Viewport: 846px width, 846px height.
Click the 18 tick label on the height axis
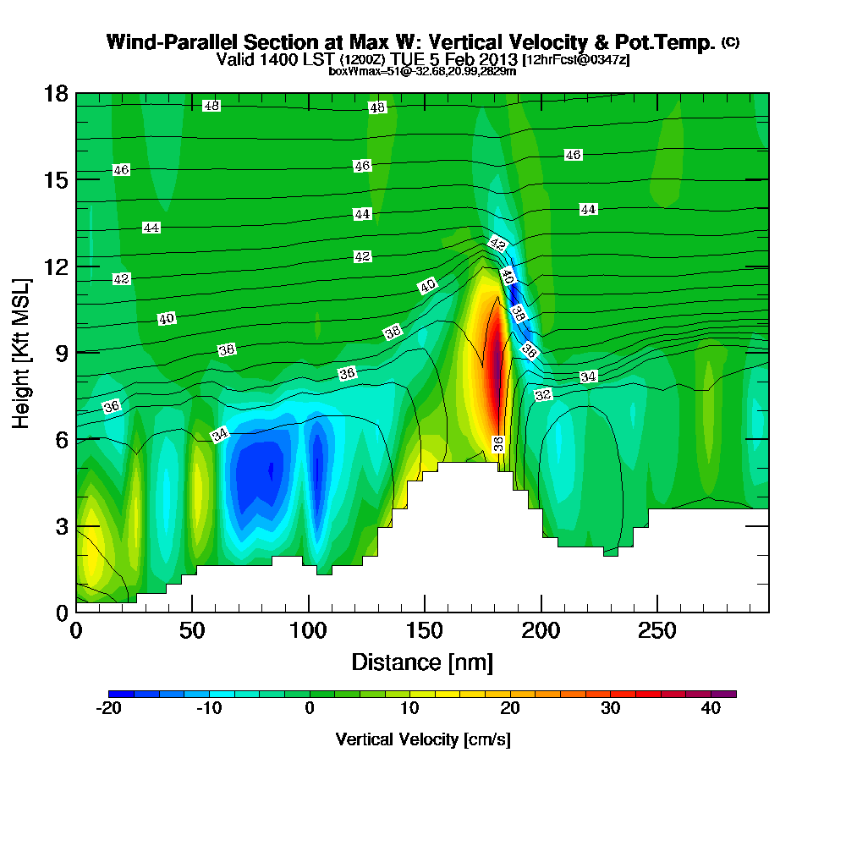pyautogui.click(x=56, y=93)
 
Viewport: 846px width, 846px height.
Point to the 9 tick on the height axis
pyautogui.click(x=57, y=352)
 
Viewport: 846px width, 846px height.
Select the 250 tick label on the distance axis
pyautogui.click(x=656, y=631)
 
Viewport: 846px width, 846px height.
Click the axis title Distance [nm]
pyautogui.click(x=422, y=662)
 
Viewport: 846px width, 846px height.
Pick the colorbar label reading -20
pyautogui.click(x=109, y=708)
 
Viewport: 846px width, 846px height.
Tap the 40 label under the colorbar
pyautogui.click(x=711, y=708)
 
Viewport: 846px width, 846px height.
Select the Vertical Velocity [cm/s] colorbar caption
pyautogui.click(x=422, y=739)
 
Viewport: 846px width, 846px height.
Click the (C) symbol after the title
pyautogui.click(x=730, y=42)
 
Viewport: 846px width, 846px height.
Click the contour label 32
pyautogui.click(x=543, y=395)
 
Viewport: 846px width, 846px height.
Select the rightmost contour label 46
pyautogui.click(x=573, y=155)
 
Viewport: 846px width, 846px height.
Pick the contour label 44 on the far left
pyautogui.click(x=151, y=228)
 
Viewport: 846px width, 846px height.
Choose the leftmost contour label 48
pyautogui.click(x=211, y=106)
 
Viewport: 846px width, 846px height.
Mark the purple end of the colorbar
pyautogui.click(x=726, y=694)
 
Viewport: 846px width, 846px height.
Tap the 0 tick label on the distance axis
pyautogui.click(x=76, y=631)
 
